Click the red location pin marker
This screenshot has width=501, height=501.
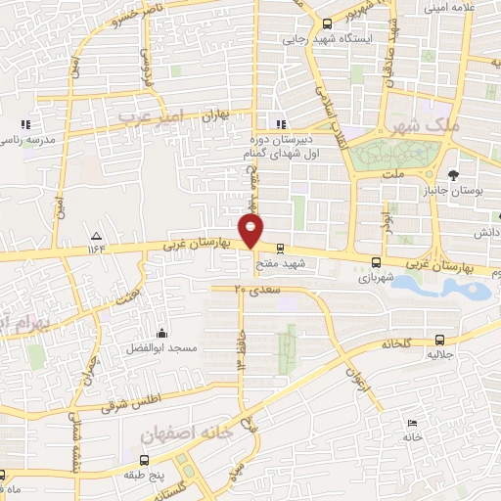pyautogui.click(x=252, y=231)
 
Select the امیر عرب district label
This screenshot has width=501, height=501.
pyautogui.click(x=151, y=116)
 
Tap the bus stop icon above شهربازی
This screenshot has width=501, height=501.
pyautogui.click(x=376, y=261)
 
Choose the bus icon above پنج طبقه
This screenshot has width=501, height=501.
pyautogui.click(x=145, y=460)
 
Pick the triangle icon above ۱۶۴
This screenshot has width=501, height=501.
pyautogui.click(x=96, y=236)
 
